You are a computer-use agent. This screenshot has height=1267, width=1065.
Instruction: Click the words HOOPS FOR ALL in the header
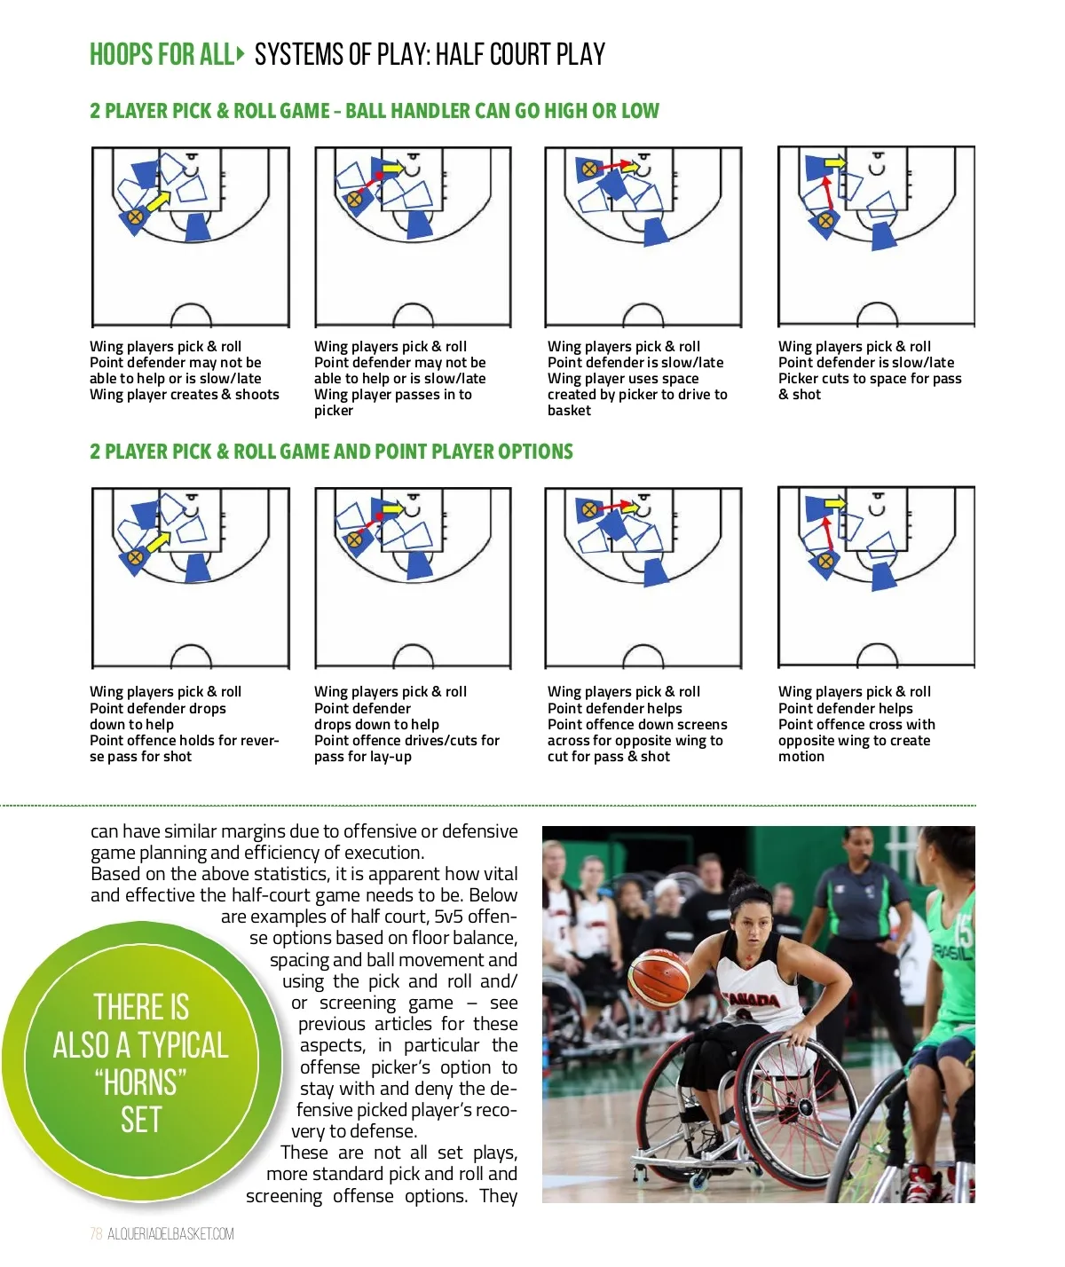point(161,55)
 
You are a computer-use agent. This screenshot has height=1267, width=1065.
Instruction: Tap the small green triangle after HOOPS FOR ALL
point(241,54)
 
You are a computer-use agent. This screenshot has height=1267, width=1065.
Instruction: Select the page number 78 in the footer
point(96,1234)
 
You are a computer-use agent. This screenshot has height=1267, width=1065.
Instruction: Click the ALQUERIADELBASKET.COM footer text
point(170,1234)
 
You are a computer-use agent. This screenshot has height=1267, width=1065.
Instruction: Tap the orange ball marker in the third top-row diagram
point(588,169)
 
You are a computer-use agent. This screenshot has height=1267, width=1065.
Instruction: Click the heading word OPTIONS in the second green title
point(536,452)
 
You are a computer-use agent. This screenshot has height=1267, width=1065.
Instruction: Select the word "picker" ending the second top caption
point(333,411)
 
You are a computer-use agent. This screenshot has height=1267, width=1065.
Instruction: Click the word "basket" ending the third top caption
point(569,411)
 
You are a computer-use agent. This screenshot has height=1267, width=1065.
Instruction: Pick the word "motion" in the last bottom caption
point(801,757)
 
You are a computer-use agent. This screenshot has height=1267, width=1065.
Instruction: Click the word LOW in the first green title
point(640,111)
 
